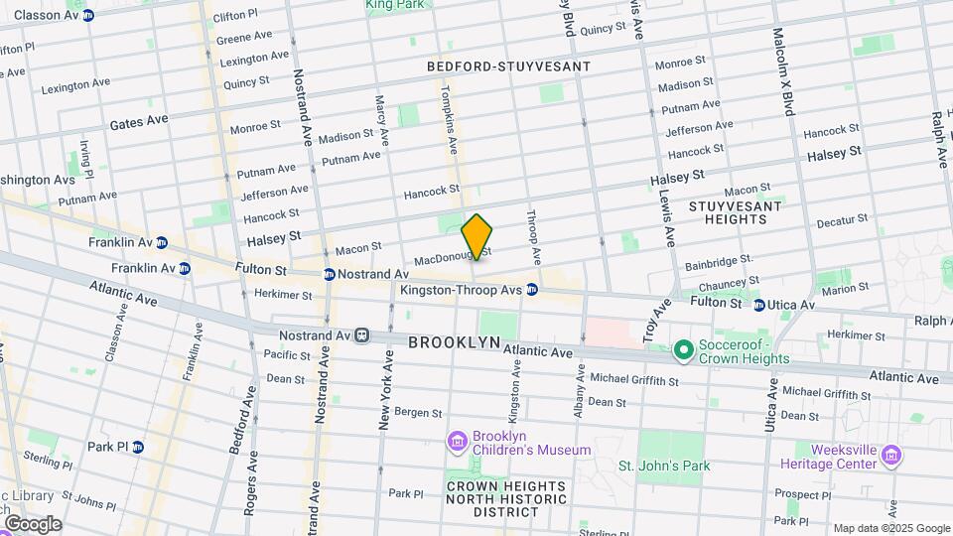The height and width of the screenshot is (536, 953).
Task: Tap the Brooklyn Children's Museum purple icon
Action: click(x=457, y=441)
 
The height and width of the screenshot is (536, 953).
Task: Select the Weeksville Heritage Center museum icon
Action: click(x=891, y=456)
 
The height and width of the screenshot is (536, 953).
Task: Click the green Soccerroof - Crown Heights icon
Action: click(x=683, y=349)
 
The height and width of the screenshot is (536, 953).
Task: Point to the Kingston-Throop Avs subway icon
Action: click(x=532, y=290)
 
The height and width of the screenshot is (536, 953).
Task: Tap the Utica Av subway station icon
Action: click(x=758, y=305)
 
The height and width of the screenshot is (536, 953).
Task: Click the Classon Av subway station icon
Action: click(x=88, y=15)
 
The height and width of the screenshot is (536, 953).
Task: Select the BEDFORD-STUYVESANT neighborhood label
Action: click(x=508, y=67)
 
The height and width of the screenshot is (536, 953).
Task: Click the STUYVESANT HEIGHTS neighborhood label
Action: click(x=735, y=213)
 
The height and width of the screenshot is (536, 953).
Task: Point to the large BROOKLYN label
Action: click(x=455, y=341)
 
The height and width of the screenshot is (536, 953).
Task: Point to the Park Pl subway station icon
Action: click(x=138, y=447)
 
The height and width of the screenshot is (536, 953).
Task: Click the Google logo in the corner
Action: click(x=32, y=523)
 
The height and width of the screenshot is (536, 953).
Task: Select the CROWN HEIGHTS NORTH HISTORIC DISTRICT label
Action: click(x=506, y=499)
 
